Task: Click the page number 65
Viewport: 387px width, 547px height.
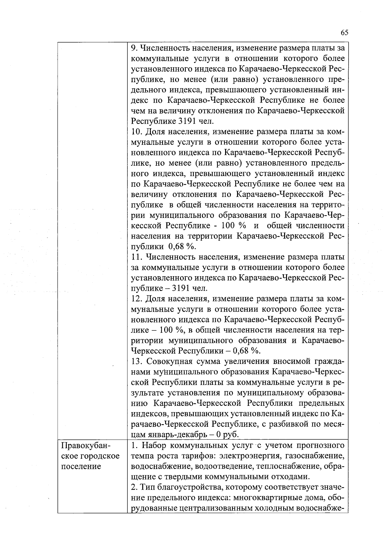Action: (344, 33)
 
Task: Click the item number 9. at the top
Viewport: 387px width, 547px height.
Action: (134, 48)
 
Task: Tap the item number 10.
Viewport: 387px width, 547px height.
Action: (137, 132)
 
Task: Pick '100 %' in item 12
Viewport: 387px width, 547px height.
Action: (167, 330)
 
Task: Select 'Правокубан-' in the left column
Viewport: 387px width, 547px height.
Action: (86, 446)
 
